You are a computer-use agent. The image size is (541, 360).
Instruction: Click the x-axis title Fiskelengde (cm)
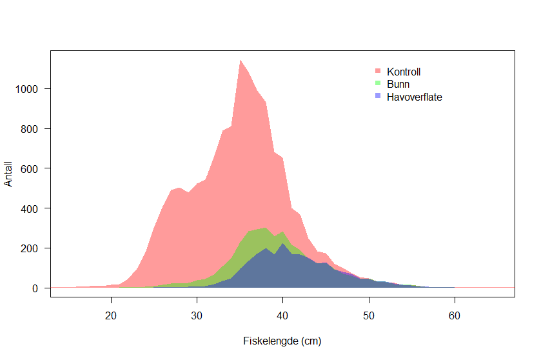click(x=282, y=341)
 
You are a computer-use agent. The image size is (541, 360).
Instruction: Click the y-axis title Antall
click(x=8, y=174)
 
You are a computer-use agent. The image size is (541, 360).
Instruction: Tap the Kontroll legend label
click(x=404, y=72)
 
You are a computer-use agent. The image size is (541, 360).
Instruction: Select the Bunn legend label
click(x=398, y=84)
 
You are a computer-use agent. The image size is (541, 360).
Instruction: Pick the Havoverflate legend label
click(x=414, y=97)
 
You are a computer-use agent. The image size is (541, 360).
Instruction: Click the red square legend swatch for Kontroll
click(x=378, y=70)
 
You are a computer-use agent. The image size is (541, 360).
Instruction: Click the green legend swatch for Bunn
click(x=378, y=83)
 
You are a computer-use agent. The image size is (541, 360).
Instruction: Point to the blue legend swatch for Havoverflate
click(x=378, y=96)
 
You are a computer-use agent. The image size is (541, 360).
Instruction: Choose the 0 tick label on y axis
click(x=36, y=288)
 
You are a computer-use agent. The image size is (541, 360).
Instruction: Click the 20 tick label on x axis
click(x=111, y=315)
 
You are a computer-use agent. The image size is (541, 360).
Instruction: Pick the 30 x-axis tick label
click(x=197, y=315)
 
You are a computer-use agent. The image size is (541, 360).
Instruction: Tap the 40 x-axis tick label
click(x=282, y=315)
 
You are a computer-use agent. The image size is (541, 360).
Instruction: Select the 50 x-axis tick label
click(x=368, y=315)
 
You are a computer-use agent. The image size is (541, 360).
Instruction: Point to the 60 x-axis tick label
click(x=454, y=315)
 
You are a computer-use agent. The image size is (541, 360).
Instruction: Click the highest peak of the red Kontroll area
click(x=240, y=61)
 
